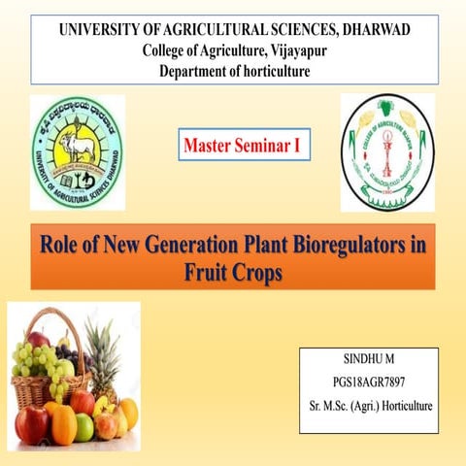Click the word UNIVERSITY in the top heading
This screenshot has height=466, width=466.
coord(103,30)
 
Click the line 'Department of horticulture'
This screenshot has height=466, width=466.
coord(234,71)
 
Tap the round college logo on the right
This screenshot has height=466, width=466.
coord(386,151)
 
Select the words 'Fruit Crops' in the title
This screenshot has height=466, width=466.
coord(233,272)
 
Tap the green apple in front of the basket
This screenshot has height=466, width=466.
coord(84,428)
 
